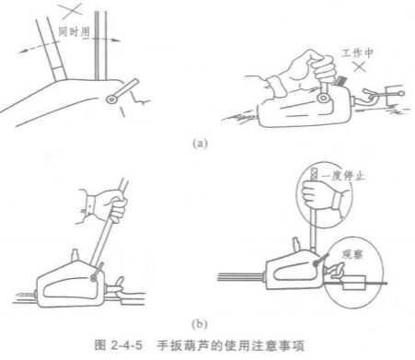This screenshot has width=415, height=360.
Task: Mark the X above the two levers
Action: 69,11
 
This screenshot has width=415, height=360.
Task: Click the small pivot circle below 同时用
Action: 112,98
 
